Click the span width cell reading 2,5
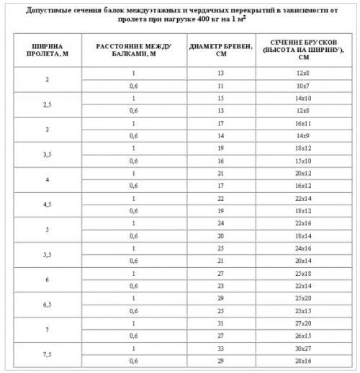coord(47,104)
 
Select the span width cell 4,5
coord(47,204)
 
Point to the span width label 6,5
coord(47,303)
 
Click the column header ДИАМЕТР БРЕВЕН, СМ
coord(221,49)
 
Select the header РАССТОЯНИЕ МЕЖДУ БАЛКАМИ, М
coord(133,49)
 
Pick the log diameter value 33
coord(221,347)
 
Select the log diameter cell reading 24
coord(221,223)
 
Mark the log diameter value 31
coord(221,322)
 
